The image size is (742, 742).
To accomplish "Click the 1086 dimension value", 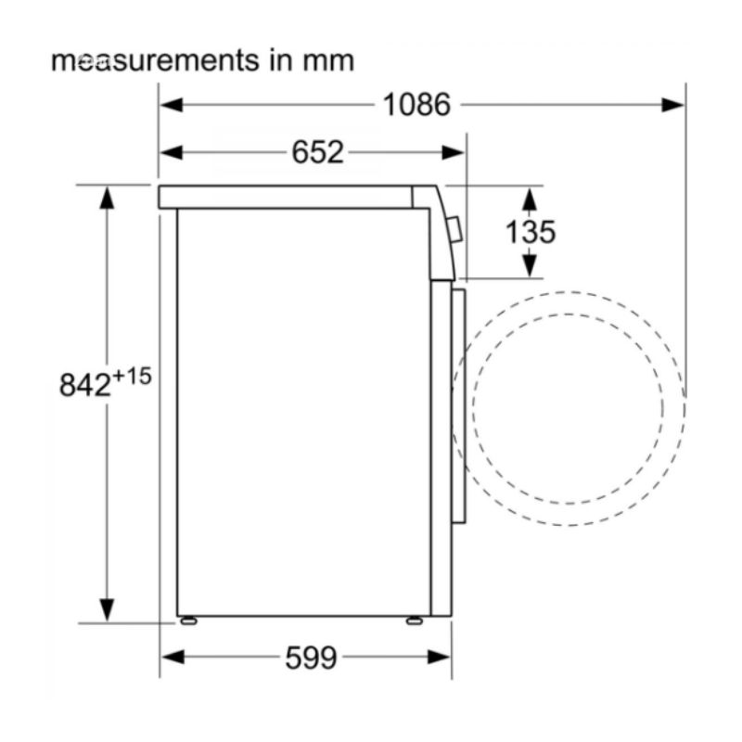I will pyautogui.click(x=416, y=104).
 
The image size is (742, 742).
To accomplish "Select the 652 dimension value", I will pyautogui.click(x=317, y=152).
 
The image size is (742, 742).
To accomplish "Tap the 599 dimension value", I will pyautogui.click(x=310, y=658).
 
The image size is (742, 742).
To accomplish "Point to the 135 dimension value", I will pyautogui.click(x=530, y=231).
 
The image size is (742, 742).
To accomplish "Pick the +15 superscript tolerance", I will pyautogui.click(x=132, y=376).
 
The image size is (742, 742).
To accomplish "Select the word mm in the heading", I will pyautogui.click(x=327, y=61).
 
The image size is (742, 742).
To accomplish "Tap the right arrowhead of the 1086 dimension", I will pyautogui.click(x=673, y=104).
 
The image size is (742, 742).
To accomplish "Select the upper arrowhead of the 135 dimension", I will pyautogui.click(x=529, y=198).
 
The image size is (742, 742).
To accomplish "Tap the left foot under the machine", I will pyautogui.click(x=188, y=620).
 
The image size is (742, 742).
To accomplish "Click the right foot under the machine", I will pyautogui.click(x=414, y=620).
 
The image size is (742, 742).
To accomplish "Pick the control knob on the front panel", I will pyautogui.click(x=454, y=229).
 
